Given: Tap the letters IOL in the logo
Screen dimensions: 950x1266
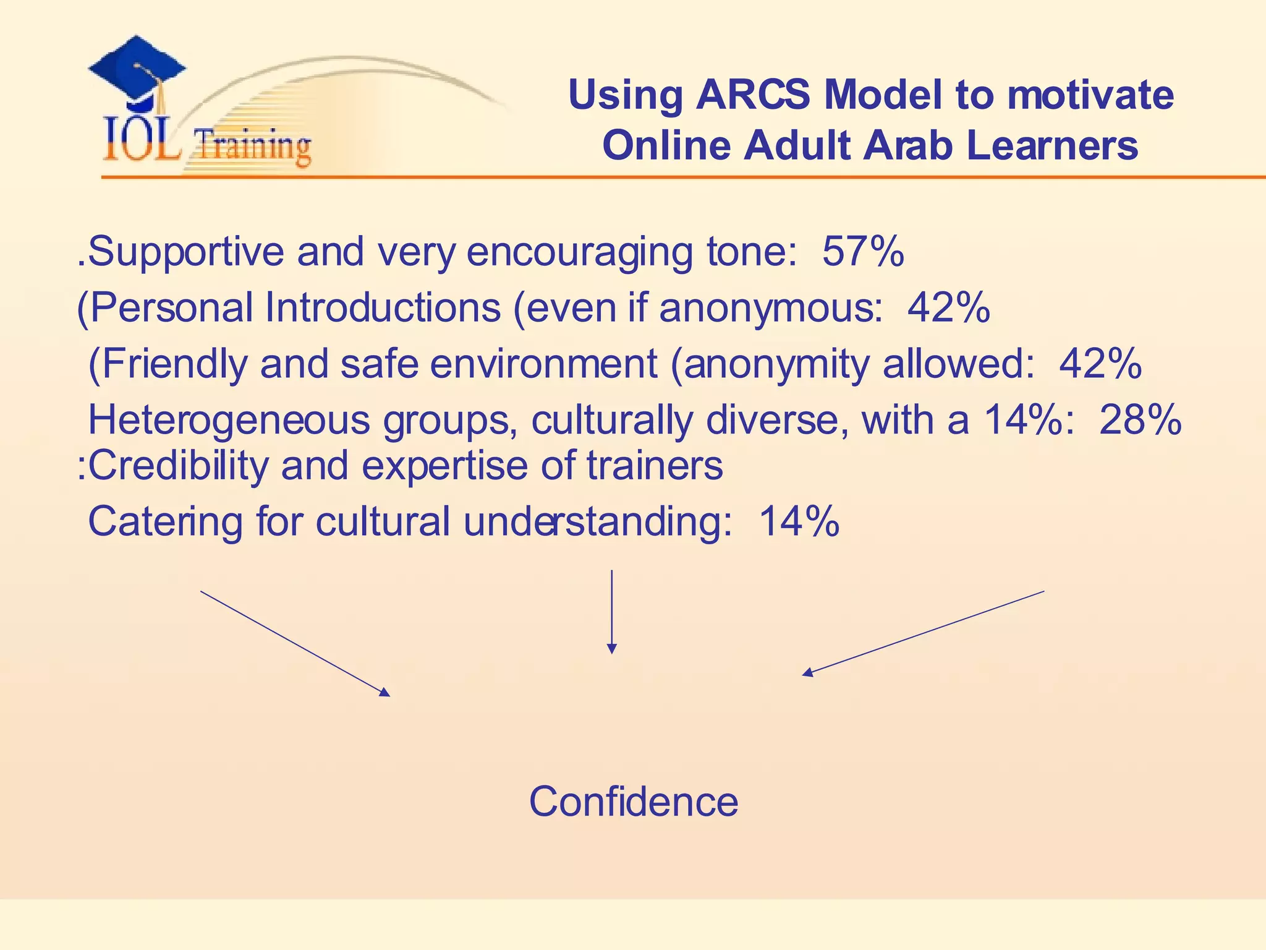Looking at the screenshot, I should [142, 141].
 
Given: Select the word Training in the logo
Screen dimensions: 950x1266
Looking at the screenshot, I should [252, 147].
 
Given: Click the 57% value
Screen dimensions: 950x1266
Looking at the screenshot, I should [863, 251].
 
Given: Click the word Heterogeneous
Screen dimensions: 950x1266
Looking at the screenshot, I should [229, 421].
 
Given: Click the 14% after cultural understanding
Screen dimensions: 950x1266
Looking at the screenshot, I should [799, 521].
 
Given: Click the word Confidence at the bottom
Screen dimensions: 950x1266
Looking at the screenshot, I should [633, 802].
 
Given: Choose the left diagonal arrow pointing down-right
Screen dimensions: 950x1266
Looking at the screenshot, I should [295, 643].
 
